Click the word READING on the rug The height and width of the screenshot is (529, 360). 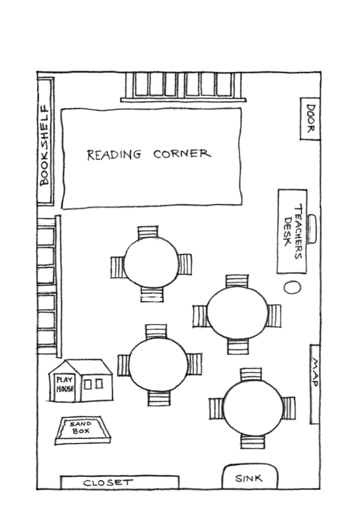114,154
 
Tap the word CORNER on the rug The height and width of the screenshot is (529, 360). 182,154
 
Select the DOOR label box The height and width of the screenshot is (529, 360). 310,119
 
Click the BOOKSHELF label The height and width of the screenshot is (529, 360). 44,146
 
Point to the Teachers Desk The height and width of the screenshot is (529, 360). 292,231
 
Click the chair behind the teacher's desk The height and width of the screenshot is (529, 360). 312,229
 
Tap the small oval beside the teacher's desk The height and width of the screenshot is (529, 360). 292,287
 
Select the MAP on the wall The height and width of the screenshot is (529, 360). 314,384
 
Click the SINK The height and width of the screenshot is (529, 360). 249,476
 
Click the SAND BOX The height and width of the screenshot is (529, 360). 83,431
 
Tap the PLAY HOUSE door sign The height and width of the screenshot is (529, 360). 65,384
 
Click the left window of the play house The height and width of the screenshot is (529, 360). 87,384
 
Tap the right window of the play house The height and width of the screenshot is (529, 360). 99,384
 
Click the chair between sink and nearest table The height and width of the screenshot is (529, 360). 253,442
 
